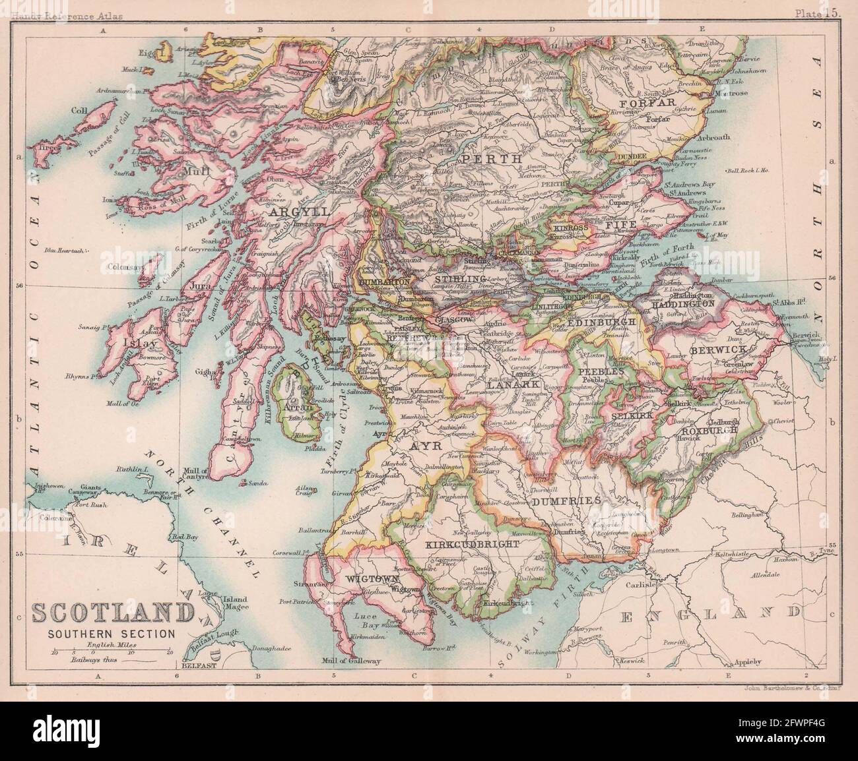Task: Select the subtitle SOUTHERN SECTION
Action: click(111, 633)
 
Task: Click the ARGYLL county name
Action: click(291, 212)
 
